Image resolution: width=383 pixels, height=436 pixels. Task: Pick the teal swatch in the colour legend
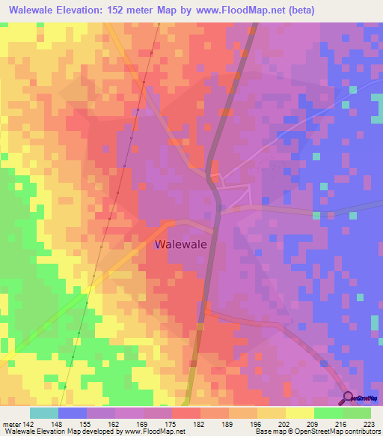tap(43, 413)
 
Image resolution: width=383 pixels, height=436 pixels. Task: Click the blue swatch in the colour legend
tap(72, 413)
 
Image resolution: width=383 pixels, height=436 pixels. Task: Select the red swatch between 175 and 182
tap(186, 413)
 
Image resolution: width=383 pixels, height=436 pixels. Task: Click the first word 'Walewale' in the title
tap(34, 10)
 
